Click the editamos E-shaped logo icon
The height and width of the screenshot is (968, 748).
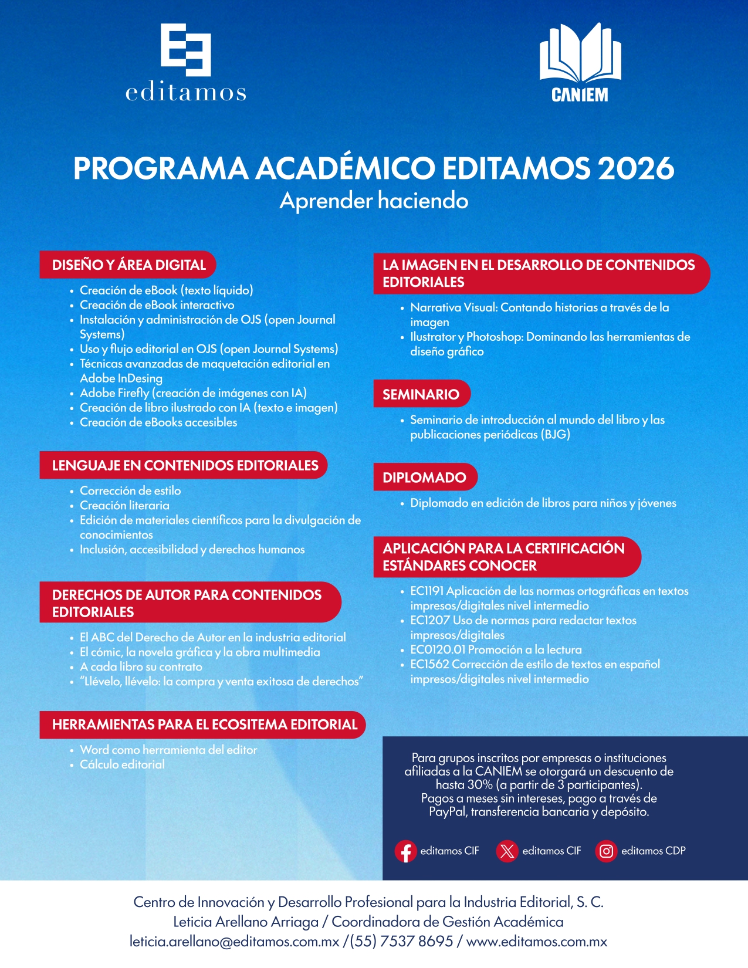(185, 50)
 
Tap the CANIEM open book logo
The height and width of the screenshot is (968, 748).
(580, 53)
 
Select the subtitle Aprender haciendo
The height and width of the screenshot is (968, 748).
(374, 201)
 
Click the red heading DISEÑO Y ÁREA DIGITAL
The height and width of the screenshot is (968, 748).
(128, 265)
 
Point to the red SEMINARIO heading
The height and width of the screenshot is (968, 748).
(421, 394)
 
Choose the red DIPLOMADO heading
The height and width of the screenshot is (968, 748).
(424, 478)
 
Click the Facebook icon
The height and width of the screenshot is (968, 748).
(405, 851)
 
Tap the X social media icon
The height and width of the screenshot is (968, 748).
(507, 851)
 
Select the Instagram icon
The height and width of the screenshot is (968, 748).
(607, 851)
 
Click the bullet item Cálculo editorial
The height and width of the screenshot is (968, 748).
(122, 764)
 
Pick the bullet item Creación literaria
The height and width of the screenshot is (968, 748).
(124, 505)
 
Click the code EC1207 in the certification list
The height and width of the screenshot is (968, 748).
(430, 620)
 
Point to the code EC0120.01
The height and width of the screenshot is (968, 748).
(438, 649)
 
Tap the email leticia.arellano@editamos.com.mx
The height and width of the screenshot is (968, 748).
(235, 942)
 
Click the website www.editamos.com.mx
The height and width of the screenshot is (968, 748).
(536, 942)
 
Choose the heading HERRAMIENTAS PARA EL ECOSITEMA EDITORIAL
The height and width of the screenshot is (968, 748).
(204, 725)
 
